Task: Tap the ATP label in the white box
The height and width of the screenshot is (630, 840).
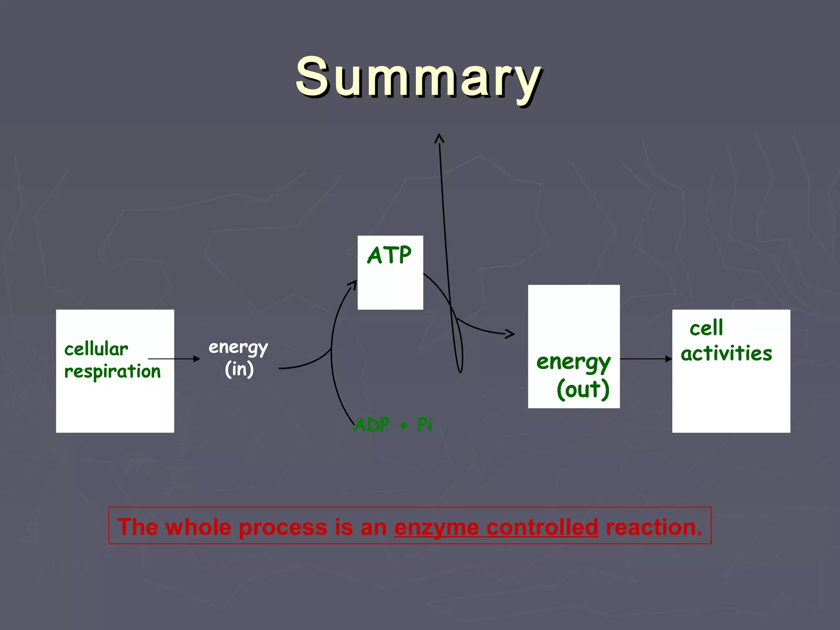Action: (389, 255)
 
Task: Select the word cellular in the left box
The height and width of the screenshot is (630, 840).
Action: (96, 349)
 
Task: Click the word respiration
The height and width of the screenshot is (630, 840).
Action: (112, 372)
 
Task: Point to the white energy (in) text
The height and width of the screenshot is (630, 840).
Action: (239, 358)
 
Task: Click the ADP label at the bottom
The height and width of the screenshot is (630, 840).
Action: (372, 425)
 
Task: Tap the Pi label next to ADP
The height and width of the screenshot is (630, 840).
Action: (425, 424)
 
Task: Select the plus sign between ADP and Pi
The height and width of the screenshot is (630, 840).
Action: (404, 425)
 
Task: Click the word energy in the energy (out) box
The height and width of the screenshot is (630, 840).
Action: (573, 362)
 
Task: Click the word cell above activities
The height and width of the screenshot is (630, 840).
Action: (706, 328)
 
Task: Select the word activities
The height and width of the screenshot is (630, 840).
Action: (726, 353)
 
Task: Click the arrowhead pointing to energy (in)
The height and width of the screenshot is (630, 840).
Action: (197, 359)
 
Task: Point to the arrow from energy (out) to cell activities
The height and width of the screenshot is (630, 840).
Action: (646, 359)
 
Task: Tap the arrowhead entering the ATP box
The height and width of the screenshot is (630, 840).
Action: (353, 284)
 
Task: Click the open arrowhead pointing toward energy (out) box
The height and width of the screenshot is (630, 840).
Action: (510, 334)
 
